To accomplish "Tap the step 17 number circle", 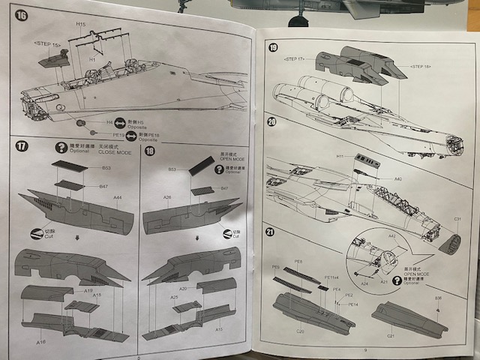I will coord(22,146).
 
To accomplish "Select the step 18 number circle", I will coord(149,151).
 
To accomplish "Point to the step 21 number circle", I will coord(271,232).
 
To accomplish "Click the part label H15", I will coord(80,25).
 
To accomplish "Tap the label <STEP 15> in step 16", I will coord(46,43).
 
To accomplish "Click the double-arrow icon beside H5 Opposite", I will coord(129,121).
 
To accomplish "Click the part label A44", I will coord(118,197).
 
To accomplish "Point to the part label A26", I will coord(167,197).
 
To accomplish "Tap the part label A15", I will coord(219,329).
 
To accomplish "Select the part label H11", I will coord(340,157).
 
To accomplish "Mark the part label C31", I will coord(457,219).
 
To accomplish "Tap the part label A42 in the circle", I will coord(391,236).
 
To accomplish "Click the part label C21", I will coord(390,337).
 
